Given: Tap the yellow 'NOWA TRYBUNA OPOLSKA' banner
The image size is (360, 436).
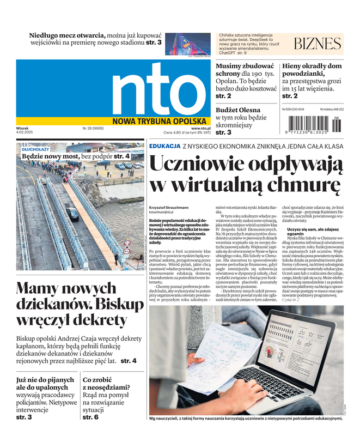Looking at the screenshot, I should point(160,121).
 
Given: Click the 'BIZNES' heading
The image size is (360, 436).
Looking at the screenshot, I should point(317,44).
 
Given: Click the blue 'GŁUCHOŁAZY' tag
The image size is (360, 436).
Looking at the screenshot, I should point(35,149).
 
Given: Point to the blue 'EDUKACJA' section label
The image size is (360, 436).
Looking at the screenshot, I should point(164,146).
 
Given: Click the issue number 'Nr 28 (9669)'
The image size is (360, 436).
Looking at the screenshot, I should point(93,129).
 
